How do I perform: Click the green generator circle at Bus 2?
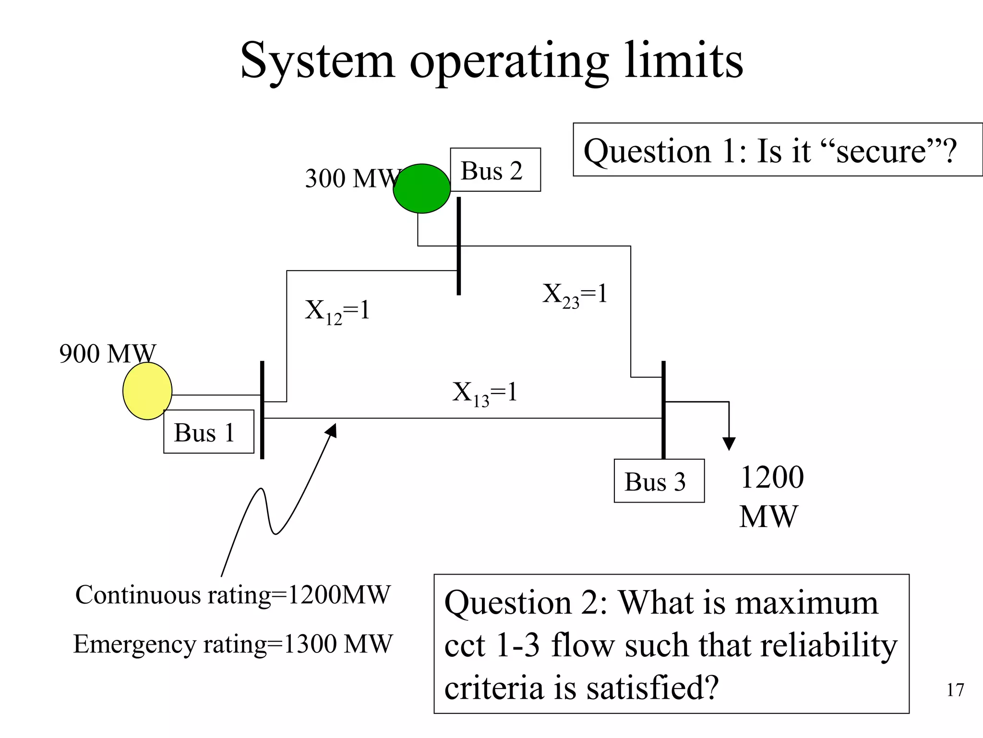coord(421,188)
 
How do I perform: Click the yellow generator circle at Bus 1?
coord(147,391)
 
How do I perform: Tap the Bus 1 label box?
coord(208,431)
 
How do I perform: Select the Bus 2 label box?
coord(495,170)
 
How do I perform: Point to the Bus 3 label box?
coord(659,481)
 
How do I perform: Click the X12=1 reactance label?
coord(337,311)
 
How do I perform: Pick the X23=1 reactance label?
coord(575,295)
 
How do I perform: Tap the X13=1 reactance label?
coord(485,393)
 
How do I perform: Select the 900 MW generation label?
coord(108,354)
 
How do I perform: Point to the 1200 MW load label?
coord(771,497)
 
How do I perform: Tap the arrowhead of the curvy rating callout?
coord(332,430)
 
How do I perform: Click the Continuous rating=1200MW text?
coord(233,595)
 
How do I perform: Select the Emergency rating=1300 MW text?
coord(233,644)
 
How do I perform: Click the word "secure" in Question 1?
coord(881,151)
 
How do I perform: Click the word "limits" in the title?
coord(683,61)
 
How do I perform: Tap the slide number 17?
coord(955,690)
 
